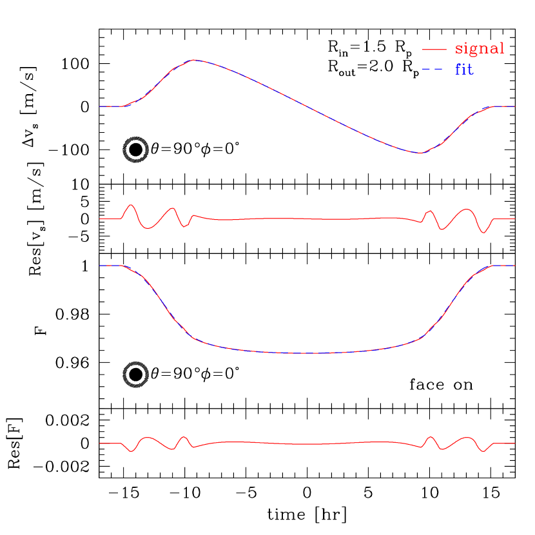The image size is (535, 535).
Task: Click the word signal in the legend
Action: [x=480, y=49]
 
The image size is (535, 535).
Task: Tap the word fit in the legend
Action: [x=464, y=69]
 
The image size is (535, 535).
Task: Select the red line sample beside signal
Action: [x=434, y=50]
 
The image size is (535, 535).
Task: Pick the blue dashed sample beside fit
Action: [x=434, y=69]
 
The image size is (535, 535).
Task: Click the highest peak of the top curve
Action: [x=195, y=59]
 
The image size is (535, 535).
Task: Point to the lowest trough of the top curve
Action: [x=419, y=153]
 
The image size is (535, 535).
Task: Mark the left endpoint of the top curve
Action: [x=100, y=106]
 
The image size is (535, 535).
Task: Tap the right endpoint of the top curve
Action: [x=514, y=106]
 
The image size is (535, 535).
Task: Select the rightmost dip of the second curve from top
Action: [x=483, y=232]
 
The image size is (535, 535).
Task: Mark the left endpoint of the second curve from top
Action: [x=100, y=219]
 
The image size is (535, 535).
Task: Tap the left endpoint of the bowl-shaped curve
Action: [x=100, y=266]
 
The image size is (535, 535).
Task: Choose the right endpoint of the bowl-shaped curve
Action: [x=514, y=266]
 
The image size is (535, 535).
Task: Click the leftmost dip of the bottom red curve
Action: [x=131, y=451]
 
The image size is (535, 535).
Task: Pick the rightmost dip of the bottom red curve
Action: [x=483, y=452]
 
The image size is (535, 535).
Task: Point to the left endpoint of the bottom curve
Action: [x=100, y=443]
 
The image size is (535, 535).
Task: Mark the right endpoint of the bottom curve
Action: [x=514, y=443]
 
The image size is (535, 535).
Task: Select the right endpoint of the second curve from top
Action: [x=514, y=219]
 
